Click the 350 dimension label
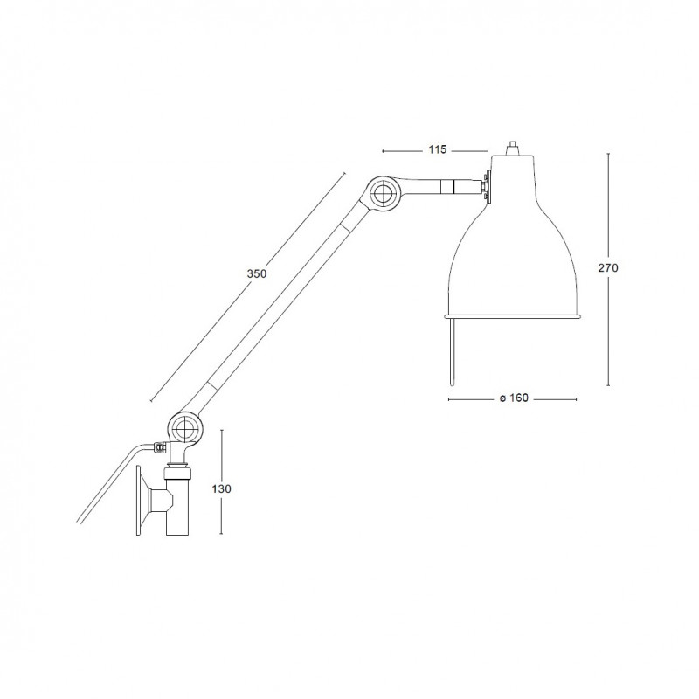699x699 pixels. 256,273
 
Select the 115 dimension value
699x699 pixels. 437,150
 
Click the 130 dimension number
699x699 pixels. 223,488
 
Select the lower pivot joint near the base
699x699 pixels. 184,428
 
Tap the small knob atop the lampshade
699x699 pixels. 513,147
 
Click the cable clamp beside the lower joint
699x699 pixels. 159,448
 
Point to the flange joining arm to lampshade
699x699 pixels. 487,185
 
